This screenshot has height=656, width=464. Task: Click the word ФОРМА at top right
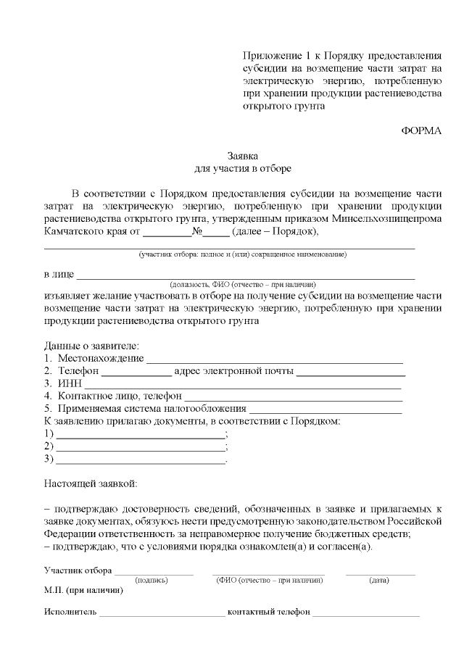point(420,130)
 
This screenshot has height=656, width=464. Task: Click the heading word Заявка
point(243,156)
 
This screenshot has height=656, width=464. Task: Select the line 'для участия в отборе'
point(243,169)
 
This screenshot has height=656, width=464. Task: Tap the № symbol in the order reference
point(196,232)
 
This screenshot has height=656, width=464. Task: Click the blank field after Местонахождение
point(274,360)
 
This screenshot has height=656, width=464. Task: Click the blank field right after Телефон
point(136,373)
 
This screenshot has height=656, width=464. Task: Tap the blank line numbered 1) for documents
point(141,436)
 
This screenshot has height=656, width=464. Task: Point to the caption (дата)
point(380,580)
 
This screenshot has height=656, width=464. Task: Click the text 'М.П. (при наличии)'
point(83,590)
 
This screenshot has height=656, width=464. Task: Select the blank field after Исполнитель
point(162,613)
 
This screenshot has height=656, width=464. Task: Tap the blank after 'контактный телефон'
point(366,613)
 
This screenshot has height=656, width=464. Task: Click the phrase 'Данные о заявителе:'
point(91,346)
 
